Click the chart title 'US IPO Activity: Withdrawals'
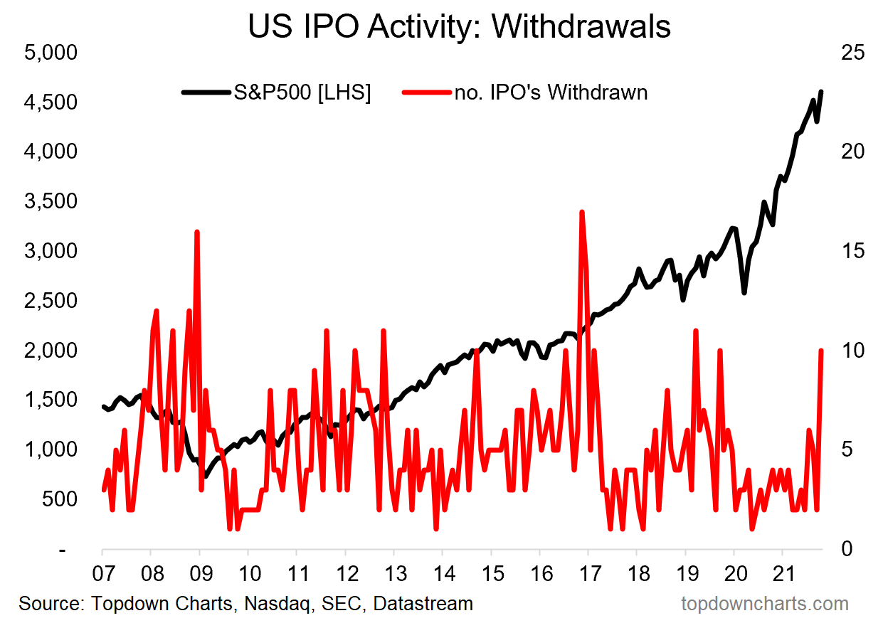click(459, 26)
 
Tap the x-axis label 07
click(102, 573)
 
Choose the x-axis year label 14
click(442, 573)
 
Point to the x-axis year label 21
click(782, 573)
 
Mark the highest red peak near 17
click(582, 212)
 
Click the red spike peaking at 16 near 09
click(196, 232)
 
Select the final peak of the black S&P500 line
click(821, 92)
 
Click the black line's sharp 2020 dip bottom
click(744, 292)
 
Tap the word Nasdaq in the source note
click(273, 604)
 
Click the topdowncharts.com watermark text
click(765, 604)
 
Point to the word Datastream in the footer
click(423, 604)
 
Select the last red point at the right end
click(822, 351)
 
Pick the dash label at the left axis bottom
click(63, 549)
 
